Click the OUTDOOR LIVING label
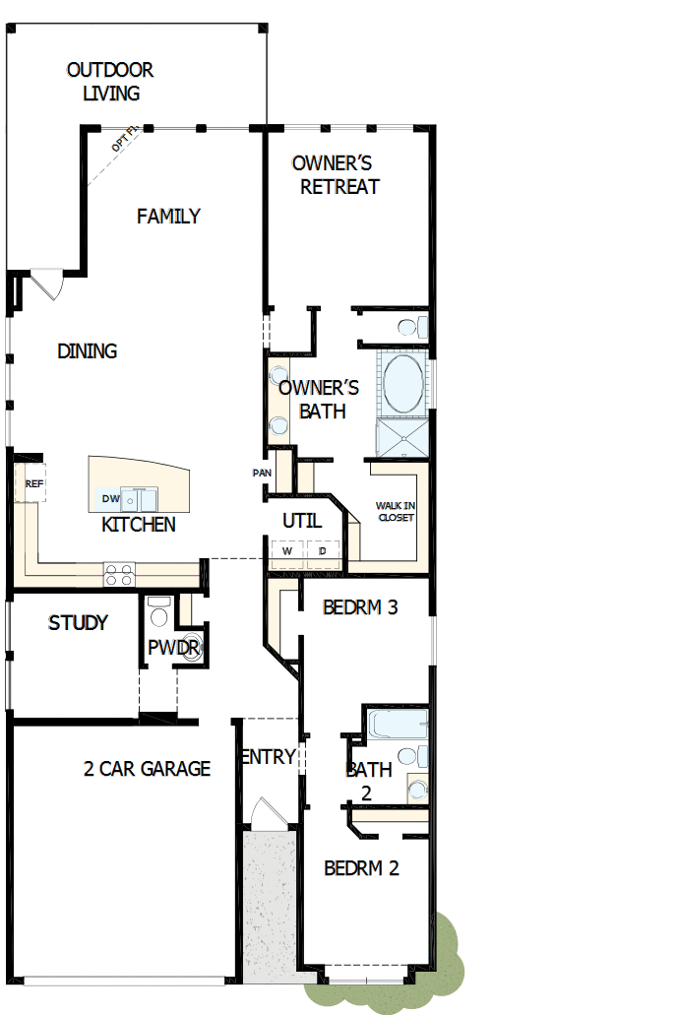point(110,82)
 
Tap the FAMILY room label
point(168,216)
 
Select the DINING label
point(88,350)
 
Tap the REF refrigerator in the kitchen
point(33,483)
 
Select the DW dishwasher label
point(110,499)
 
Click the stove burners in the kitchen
point(119,574)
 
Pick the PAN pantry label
point(262,474)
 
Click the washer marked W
point(287,552)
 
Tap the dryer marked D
point(323,552)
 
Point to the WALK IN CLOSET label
point(395,511)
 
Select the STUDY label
point(78,623)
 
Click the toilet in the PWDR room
point(156,613)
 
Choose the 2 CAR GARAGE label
point(147,769)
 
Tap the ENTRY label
point(268,756)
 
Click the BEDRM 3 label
point(360,607)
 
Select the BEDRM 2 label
point(361,868)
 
